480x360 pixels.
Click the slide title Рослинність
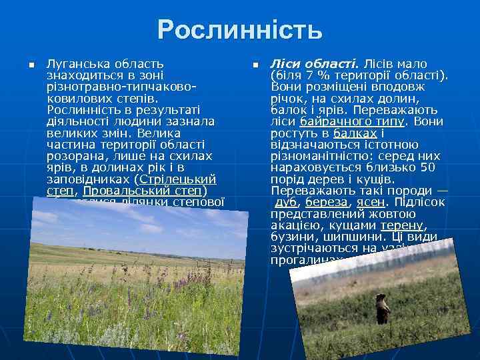[240, 29]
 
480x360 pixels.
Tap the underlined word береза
[326, 202]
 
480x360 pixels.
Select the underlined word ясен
[369, 202]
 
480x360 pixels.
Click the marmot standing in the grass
[382, 310]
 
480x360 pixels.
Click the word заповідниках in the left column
[88, 179]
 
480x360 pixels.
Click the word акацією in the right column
[295, 225]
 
